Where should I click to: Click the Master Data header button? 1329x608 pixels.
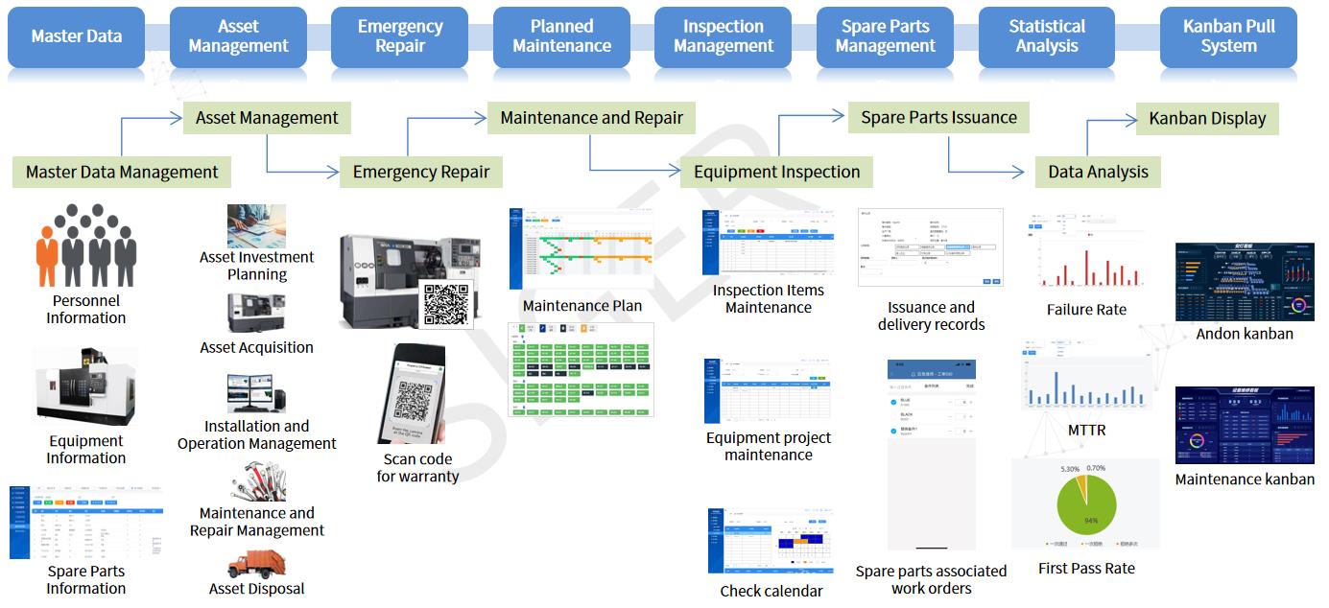(77, 36)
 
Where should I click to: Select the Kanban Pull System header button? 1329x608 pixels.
(1228, 36)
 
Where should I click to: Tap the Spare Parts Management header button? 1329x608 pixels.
(885, 36)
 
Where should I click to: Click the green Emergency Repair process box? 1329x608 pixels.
(421, 173)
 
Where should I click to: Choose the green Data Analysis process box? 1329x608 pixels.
(1098, 173)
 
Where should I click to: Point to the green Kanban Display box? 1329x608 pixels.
(1207, 119)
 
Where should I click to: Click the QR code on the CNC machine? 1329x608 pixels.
(445, 303)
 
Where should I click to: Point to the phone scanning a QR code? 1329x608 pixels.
(416, 393)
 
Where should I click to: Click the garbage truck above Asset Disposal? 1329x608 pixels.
(257, 564)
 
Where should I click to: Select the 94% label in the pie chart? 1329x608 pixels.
(1090, 521)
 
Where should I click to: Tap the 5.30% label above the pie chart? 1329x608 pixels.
(1071, 469)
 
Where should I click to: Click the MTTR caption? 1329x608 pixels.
(1086, 431)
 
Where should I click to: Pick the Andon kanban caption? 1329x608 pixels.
(1245, 334)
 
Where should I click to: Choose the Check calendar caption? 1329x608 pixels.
(771, 591)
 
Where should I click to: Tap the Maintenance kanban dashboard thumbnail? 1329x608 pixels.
(1245, 425)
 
